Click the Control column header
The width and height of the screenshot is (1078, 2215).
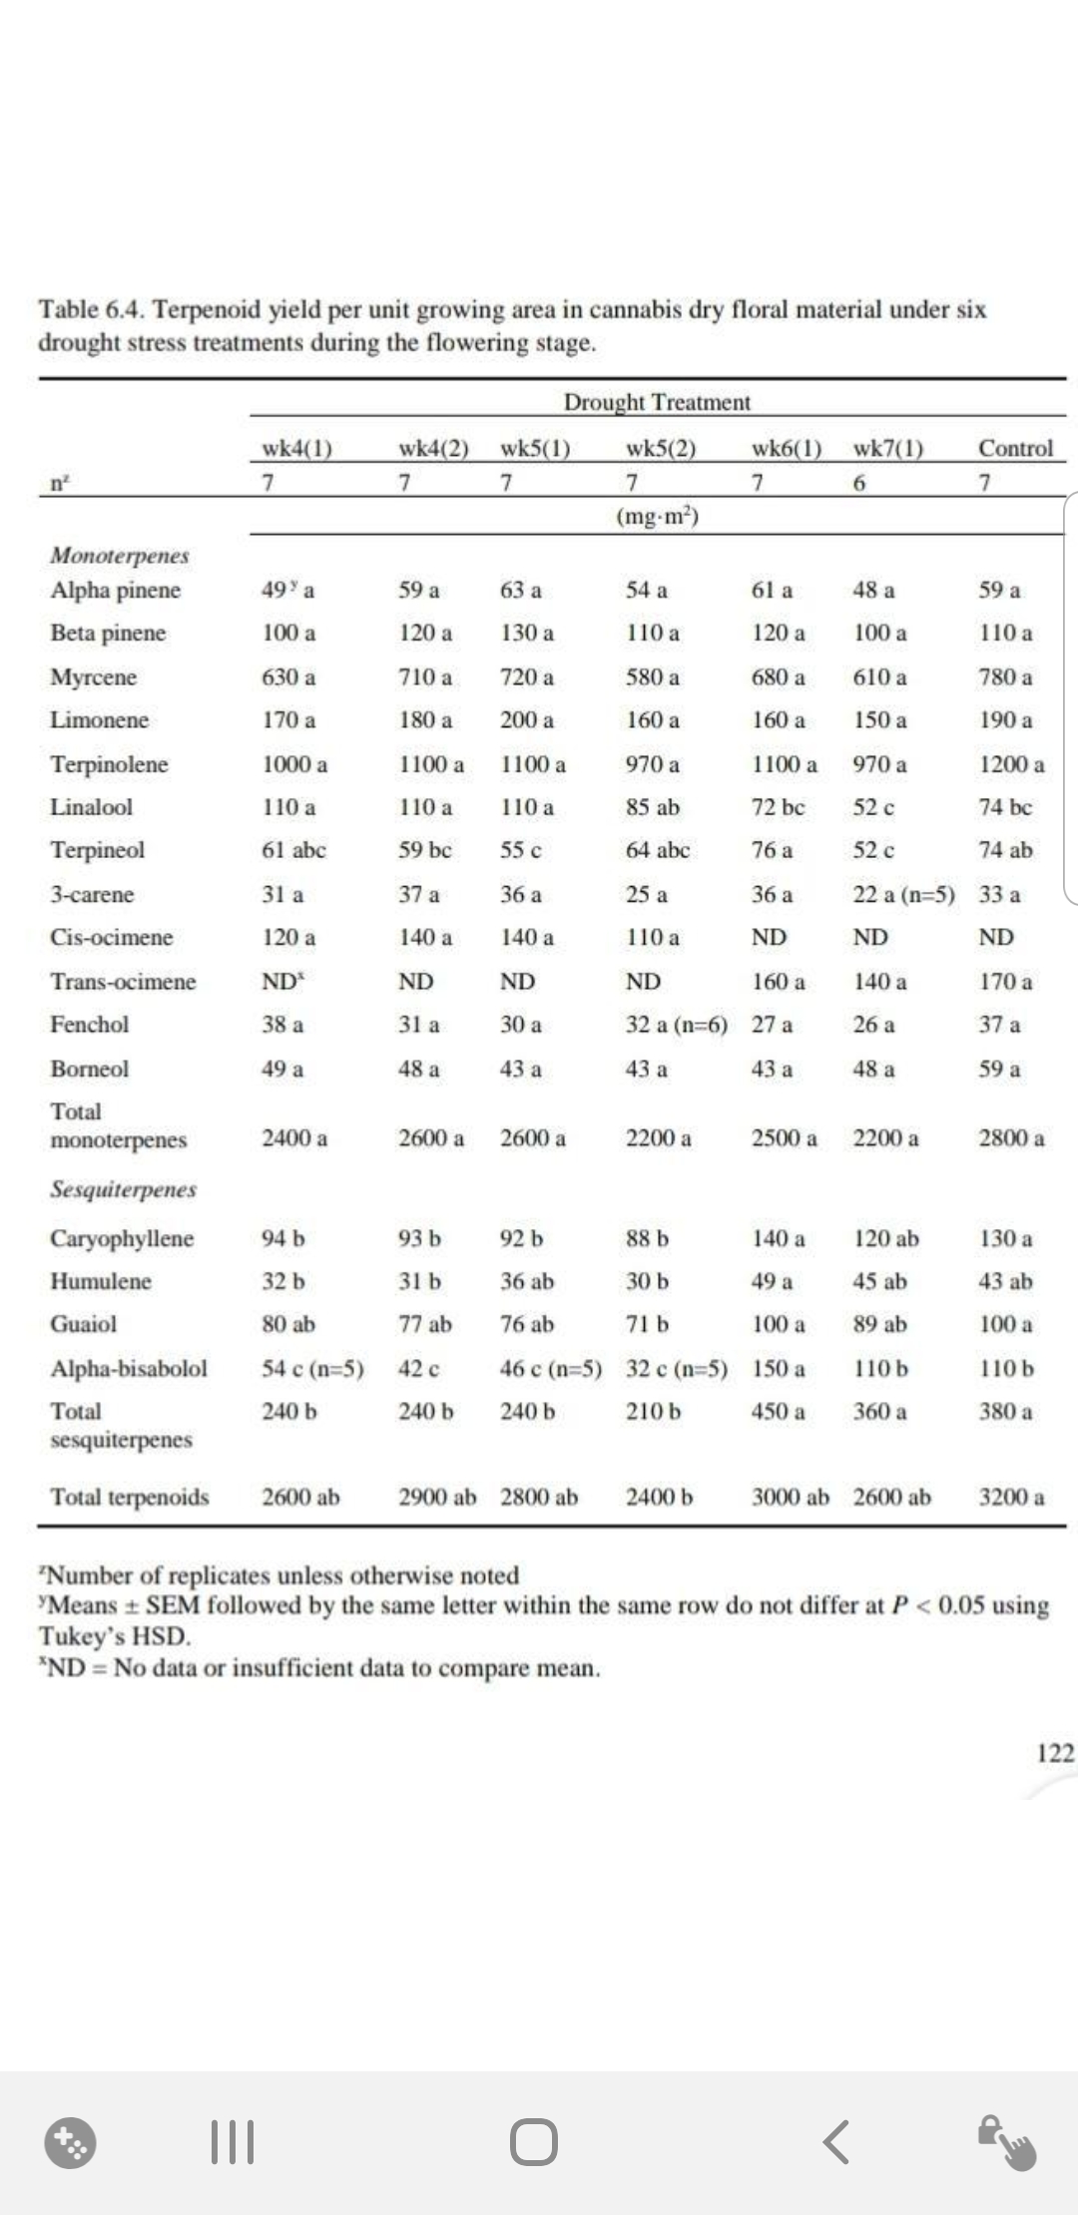tap(1015, 448)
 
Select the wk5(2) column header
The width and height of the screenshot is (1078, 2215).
tap(660, 448)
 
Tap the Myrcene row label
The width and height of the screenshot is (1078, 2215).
tap(94, 677)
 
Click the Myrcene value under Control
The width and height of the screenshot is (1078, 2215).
tap(1005, 677)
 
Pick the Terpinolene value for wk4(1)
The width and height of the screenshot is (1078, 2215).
tap(294, 765)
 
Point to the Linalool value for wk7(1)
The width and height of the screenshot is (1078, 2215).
tap(873, 807)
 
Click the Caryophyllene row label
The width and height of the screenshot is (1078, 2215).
tap(122, 1238)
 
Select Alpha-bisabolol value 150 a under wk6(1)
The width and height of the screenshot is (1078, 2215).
tap(778, 1368)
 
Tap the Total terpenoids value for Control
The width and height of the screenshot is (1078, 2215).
tap(1011, 1497)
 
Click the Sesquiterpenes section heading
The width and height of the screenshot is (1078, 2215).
tap(124, 1189)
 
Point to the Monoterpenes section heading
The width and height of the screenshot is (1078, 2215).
tap(120, 556)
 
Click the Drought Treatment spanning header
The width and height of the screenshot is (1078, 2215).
tap(657, 402)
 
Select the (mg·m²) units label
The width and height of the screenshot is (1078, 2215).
tap(658, 517)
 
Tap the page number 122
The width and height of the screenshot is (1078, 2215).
tap(1055, 1753)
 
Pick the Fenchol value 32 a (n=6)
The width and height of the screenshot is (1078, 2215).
tap(676, 1025)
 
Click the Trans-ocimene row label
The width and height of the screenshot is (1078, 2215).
tap(123, 982)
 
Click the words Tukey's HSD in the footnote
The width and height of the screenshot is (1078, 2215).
tap(115, 1636)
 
